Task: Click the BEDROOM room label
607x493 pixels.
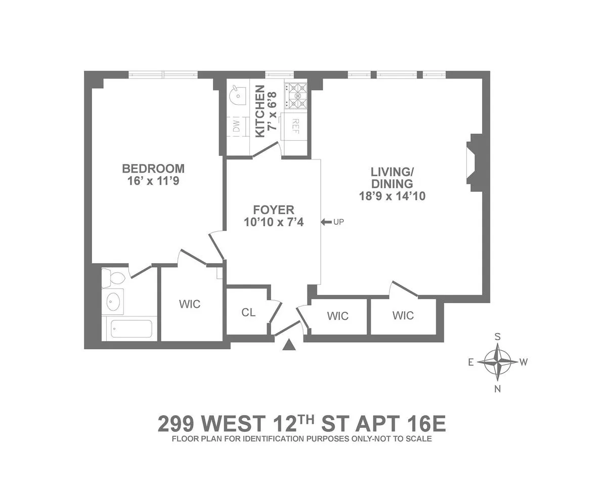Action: [x=153, y=168]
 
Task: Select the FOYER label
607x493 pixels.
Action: [x=274, y=210]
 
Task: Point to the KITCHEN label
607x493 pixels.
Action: [x=259, y=111]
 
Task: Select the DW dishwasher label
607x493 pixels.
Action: [x=236, y=126]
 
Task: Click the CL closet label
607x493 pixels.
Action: [x=248, y=312]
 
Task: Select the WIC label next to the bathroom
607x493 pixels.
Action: [x=190, y=304]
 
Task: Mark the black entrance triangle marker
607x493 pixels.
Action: [x=289, y=345]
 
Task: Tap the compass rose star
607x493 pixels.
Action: [x=498, y=362]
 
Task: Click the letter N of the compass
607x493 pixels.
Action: [x=498, y=389]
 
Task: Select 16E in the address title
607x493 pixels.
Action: [x=425, y=424]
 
